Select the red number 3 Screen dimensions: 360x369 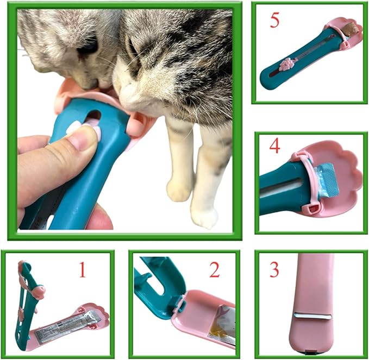[x=274, y=269]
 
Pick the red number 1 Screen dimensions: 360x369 [x=82, y=269]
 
